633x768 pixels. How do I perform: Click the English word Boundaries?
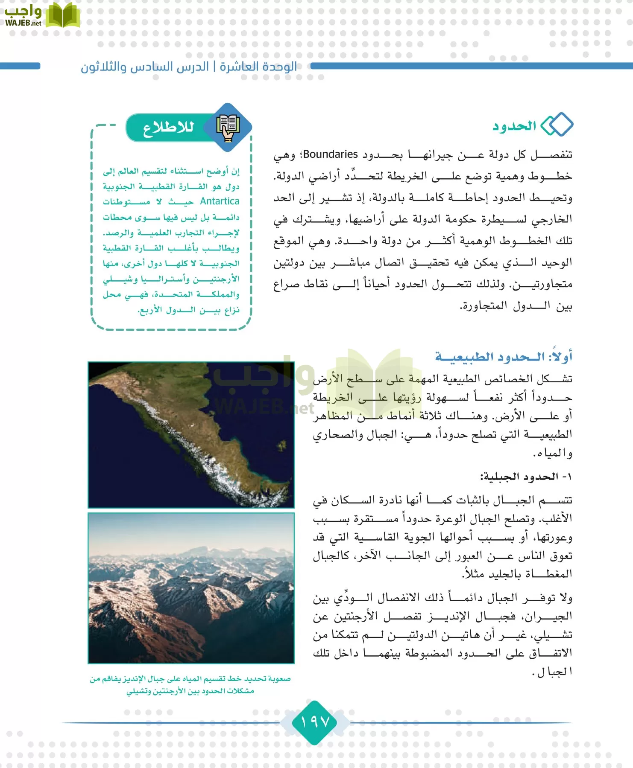coord(330,154)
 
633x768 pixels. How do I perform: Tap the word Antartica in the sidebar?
coord(220,201)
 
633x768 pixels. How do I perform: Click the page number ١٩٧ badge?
coord(315,722)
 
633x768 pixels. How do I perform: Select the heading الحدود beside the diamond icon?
coord(514,126)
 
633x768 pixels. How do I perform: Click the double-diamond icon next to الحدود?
coord(557,125)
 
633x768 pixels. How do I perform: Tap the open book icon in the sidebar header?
coord(228,127)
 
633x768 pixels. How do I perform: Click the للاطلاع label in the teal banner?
coord(168,128)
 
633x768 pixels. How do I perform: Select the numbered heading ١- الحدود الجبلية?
coord(526,477)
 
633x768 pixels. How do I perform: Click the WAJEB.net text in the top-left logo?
coord(23,23)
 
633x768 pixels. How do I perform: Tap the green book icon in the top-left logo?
coord(63,16)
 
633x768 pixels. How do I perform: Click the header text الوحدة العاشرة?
coord(259,67)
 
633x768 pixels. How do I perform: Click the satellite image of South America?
coord(191,434)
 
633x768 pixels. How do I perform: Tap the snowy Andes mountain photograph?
coord(191,588)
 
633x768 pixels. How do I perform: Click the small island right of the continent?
coord(281,446)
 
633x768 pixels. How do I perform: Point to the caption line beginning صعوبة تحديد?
coord(190,679)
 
